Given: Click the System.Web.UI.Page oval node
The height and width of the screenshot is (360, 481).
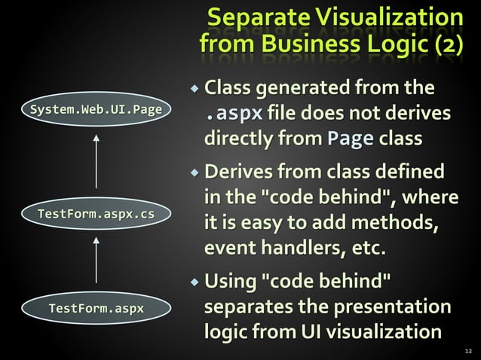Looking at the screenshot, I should [96, 111].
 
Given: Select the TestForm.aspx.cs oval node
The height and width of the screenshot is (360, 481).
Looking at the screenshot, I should [96, 215].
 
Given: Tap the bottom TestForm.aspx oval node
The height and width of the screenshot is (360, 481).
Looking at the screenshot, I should [96, 308].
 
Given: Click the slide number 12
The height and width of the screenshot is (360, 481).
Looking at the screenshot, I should [469, 350].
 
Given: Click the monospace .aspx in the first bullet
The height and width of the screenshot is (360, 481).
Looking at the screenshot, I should [235, 114].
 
